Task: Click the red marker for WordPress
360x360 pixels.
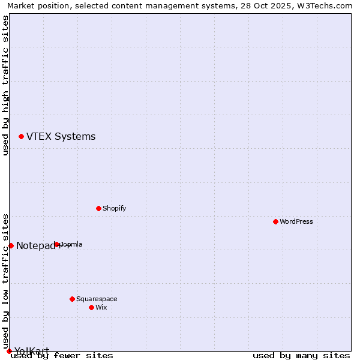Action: [275, 221]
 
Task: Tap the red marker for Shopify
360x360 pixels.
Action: [98, 208]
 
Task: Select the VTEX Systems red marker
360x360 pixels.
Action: [21, 137]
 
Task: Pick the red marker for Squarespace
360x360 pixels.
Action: [72, 299]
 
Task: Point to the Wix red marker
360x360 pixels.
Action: [91, 307]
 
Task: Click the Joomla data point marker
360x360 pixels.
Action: [56, 244]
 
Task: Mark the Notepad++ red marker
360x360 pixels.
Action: [11, 245]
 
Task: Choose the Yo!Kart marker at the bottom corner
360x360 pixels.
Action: [9, 351]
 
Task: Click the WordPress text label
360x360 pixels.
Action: [296, 221]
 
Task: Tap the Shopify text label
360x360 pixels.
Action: [114, 208]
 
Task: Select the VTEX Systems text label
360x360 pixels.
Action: [61, 137]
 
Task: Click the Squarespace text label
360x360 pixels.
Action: [97, 299]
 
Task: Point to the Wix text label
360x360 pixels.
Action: [101, 307]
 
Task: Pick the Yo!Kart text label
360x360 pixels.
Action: [32, 351]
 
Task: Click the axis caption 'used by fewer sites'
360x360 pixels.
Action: [62, 356]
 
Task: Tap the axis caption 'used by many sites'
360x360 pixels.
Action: [301, 356]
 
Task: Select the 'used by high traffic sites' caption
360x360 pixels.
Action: [6, 85]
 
